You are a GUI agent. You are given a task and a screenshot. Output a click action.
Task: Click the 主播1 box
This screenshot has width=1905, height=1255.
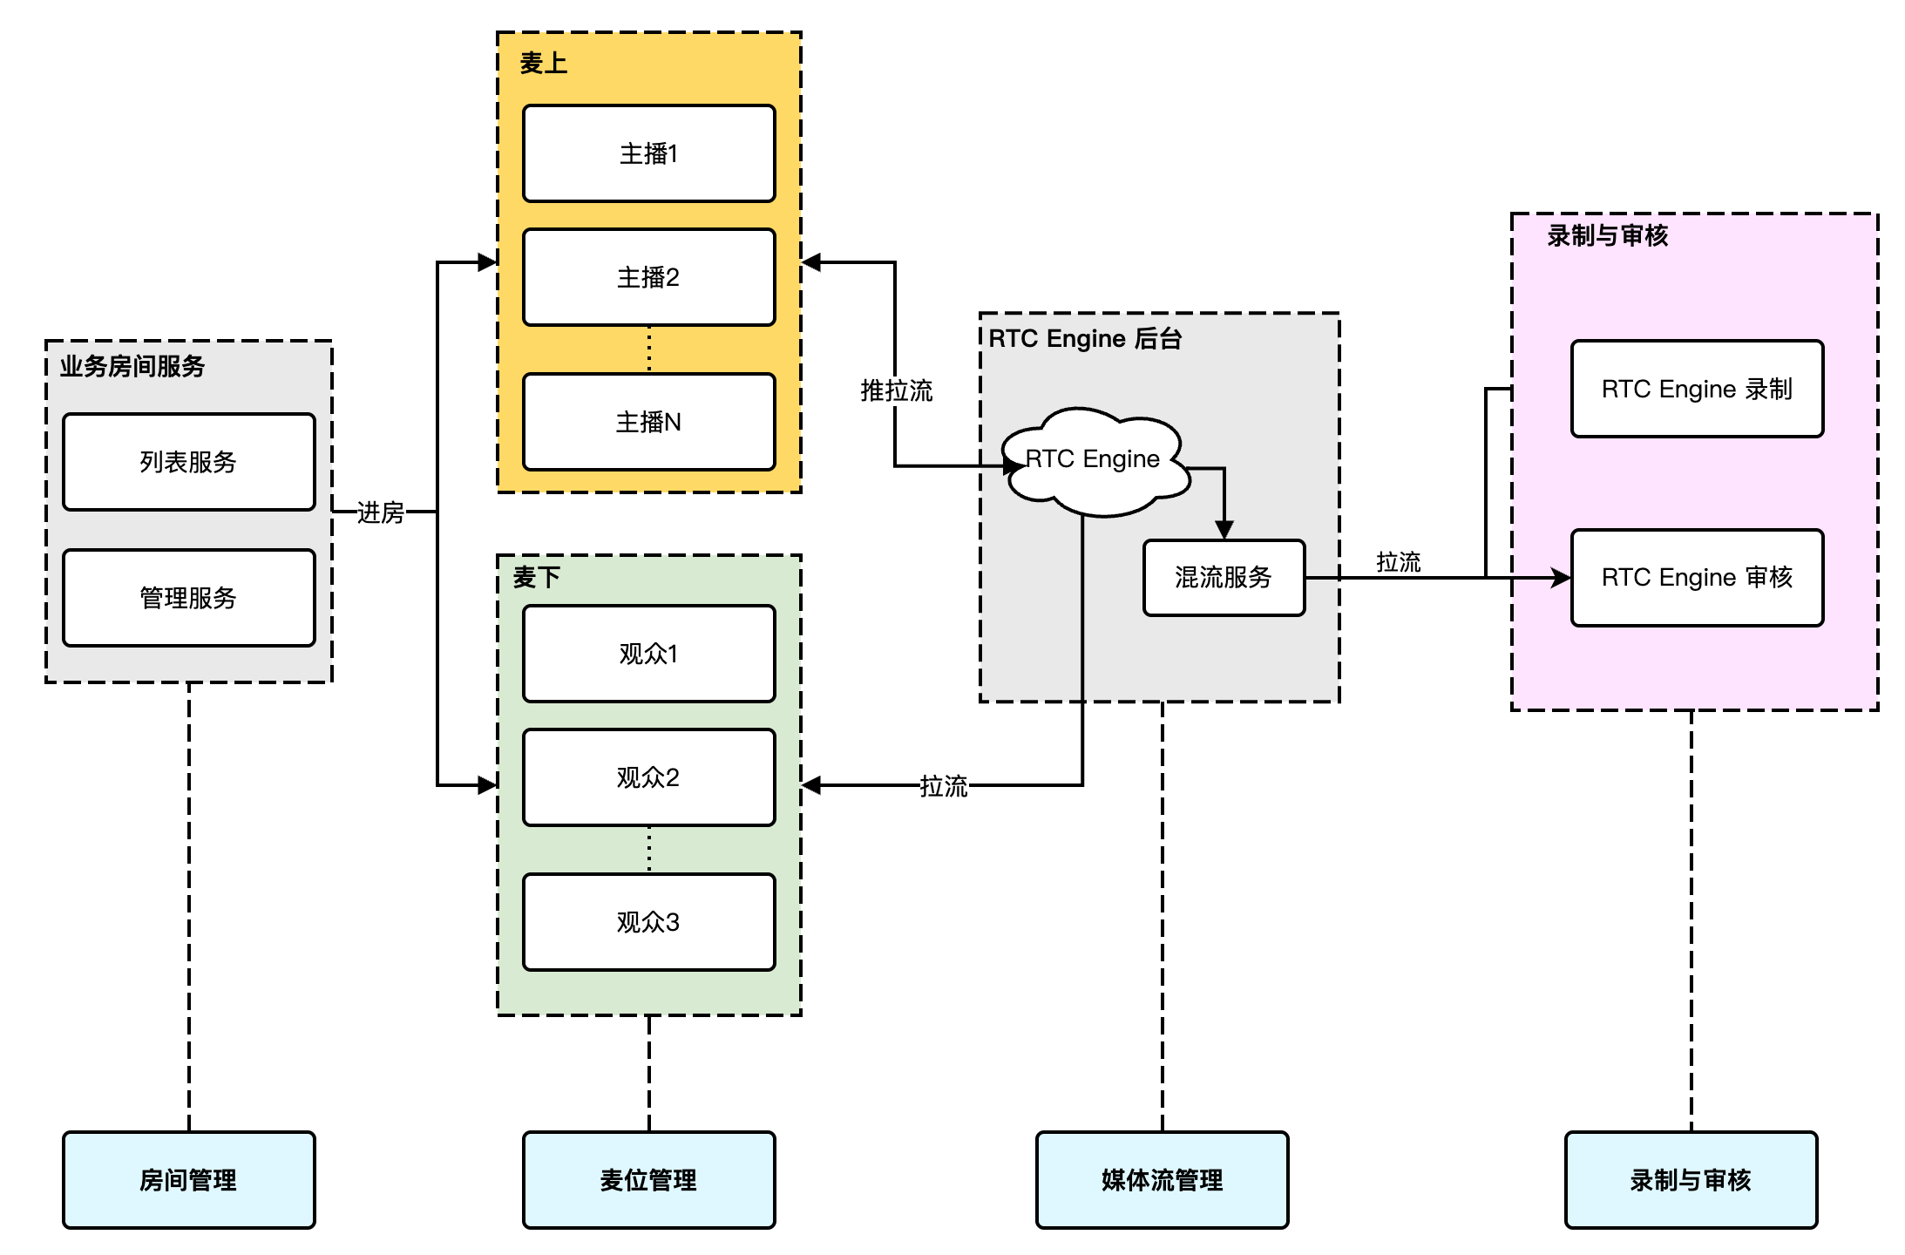(x=648, y=153)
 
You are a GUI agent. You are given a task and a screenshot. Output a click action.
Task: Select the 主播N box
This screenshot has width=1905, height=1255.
(x=648, y=422)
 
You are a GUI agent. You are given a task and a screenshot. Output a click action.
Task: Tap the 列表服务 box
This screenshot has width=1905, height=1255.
(x=188, y=462)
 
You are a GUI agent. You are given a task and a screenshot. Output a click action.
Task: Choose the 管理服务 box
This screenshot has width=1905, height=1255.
(x=188, y=598)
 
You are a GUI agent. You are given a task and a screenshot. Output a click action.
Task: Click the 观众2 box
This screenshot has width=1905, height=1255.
(x=648, y=777)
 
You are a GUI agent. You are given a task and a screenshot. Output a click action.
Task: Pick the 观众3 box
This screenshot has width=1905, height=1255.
(x=648, y=922)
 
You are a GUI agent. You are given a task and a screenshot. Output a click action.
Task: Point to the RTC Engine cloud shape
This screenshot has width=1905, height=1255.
(x=1093, y=460)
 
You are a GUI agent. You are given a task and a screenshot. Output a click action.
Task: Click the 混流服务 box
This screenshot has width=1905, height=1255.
(x=1224, y=578)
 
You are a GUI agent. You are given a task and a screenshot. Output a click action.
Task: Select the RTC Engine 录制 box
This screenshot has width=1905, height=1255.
(x=1697, y=389)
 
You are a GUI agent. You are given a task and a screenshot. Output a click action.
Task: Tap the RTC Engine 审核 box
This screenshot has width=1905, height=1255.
(x=1697, y=578)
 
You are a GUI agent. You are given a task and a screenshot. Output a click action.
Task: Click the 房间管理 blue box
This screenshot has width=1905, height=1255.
(x=188, y=1180)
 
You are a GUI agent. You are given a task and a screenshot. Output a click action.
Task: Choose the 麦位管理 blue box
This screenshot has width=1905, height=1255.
(x=648, y=1180)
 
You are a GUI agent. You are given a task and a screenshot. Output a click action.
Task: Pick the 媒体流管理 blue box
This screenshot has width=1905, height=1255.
(x=1162, y=1180)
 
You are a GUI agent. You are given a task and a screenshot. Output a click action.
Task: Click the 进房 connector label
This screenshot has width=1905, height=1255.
(x=381, y=512)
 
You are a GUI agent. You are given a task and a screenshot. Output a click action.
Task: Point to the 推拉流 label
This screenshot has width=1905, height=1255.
(x=897, y=390)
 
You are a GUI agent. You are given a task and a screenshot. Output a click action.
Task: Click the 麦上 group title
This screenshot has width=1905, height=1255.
(x=544, y=64)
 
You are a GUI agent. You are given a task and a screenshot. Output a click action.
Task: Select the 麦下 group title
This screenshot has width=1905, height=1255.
(x=537, y=577)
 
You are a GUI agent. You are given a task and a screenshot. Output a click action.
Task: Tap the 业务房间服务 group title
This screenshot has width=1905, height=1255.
(x=132, y=366)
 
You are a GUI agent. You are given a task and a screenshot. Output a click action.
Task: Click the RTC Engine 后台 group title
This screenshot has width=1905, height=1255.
(x=1085, y=338)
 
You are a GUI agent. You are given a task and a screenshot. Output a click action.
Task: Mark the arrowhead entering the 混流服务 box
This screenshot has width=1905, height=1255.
(x=1224, y=530)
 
